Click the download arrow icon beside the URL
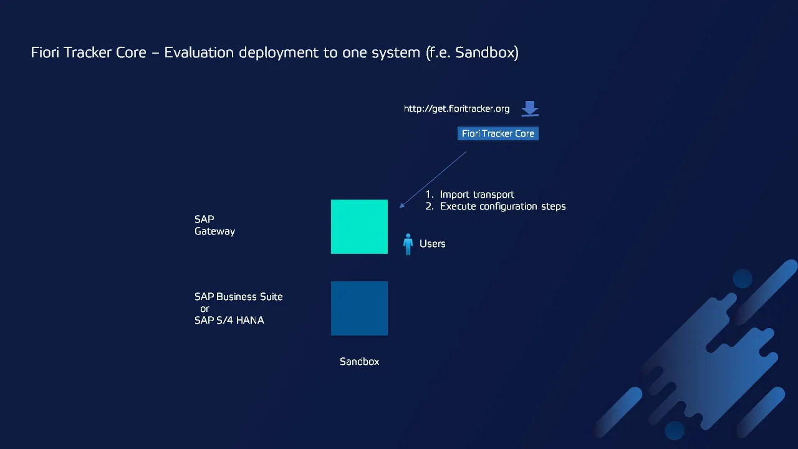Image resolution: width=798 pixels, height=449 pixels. tap(530, 109)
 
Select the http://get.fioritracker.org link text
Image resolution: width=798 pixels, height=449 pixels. tap(456, 109)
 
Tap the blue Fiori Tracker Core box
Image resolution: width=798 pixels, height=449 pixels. tap(498, 133)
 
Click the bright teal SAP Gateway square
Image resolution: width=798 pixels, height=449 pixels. tap(359, 226)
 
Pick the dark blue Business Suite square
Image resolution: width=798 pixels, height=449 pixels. tap(359, 308)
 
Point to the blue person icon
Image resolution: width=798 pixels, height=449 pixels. tap(408, 244)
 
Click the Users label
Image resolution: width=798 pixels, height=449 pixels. tap(433, 244)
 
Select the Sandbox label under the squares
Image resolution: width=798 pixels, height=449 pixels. tap(359, 361)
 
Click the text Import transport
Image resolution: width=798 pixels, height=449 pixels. tap(477, 195)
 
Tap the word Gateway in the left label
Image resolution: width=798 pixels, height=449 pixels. tap(215, 231)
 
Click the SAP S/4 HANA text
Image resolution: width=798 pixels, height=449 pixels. tap(229, 320)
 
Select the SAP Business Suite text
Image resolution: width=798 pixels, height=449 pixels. tap(239, 296)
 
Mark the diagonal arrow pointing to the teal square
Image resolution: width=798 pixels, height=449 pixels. tap(433, 180)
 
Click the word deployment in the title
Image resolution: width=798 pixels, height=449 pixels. tap(278, 53)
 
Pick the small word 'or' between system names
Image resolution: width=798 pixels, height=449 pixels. tap(204, 309)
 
